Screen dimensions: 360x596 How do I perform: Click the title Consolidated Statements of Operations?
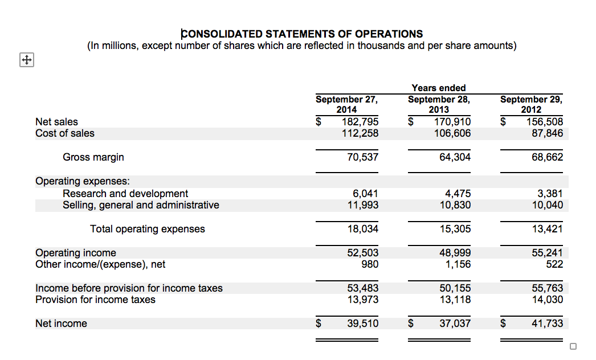click(301, 34)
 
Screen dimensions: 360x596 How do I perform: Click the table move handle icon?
click(26, 59)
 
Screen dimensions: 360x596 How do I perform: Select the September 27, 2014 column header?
click(346, 104)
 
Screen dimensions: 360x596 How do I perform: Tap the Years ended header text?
click(438, 88)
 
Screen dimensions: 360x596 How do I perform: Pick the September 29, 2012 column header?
click(531, 104)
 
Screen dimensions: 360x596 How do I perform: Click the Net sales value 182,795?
click(360, 122)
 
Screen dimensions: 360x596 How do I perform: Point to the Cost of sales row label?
click(65, 133)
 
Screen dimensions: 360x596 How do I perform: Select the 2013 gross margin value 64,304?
click(455, 157)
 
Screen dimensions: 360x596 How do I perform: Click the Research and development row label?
click(125, 194)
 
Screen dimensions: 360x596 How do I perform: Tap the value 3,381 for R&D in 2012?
click(550, 194)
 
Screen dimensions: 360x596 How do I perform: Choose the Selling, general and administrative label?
click(141, 205)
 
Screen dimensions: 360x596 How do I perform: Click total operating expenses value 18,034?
click(363, 229)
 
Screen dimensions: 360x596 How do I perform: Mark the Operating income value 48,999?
click(455, 253)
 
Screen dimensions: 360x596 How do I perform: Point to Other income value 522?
click(554, 264)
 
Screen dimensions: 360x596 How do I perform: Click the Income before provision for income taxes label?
click(129, 288)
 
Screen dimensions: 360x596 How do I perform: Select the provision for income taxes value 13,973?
click(363, 300)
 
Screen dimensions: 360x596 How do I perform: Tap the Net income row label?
click(62, 324)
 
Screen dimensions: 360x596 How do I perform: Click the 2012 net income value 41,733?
click(548, 324)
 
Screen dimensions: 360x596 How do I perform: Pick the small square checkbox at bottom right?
click(573, 346)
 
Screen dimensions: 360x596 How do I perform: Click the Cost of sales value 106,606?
click(452, 133)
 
